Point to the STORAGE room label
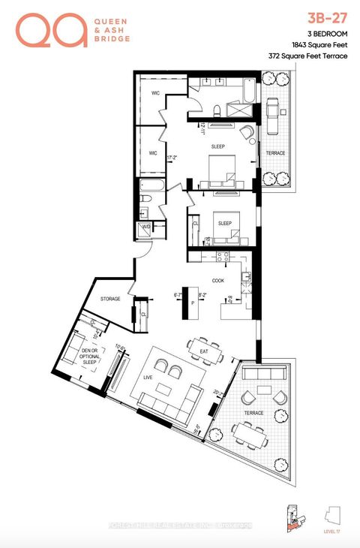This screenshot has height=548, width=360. click(x=111, y=299)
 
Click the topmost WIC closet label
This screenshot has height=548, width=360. click(x=155, y=93)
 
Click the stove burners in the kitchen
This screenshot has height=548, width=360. click(x=223, y=257)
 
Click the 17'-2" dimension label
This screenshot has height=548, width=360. click(x=172, y=158)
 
